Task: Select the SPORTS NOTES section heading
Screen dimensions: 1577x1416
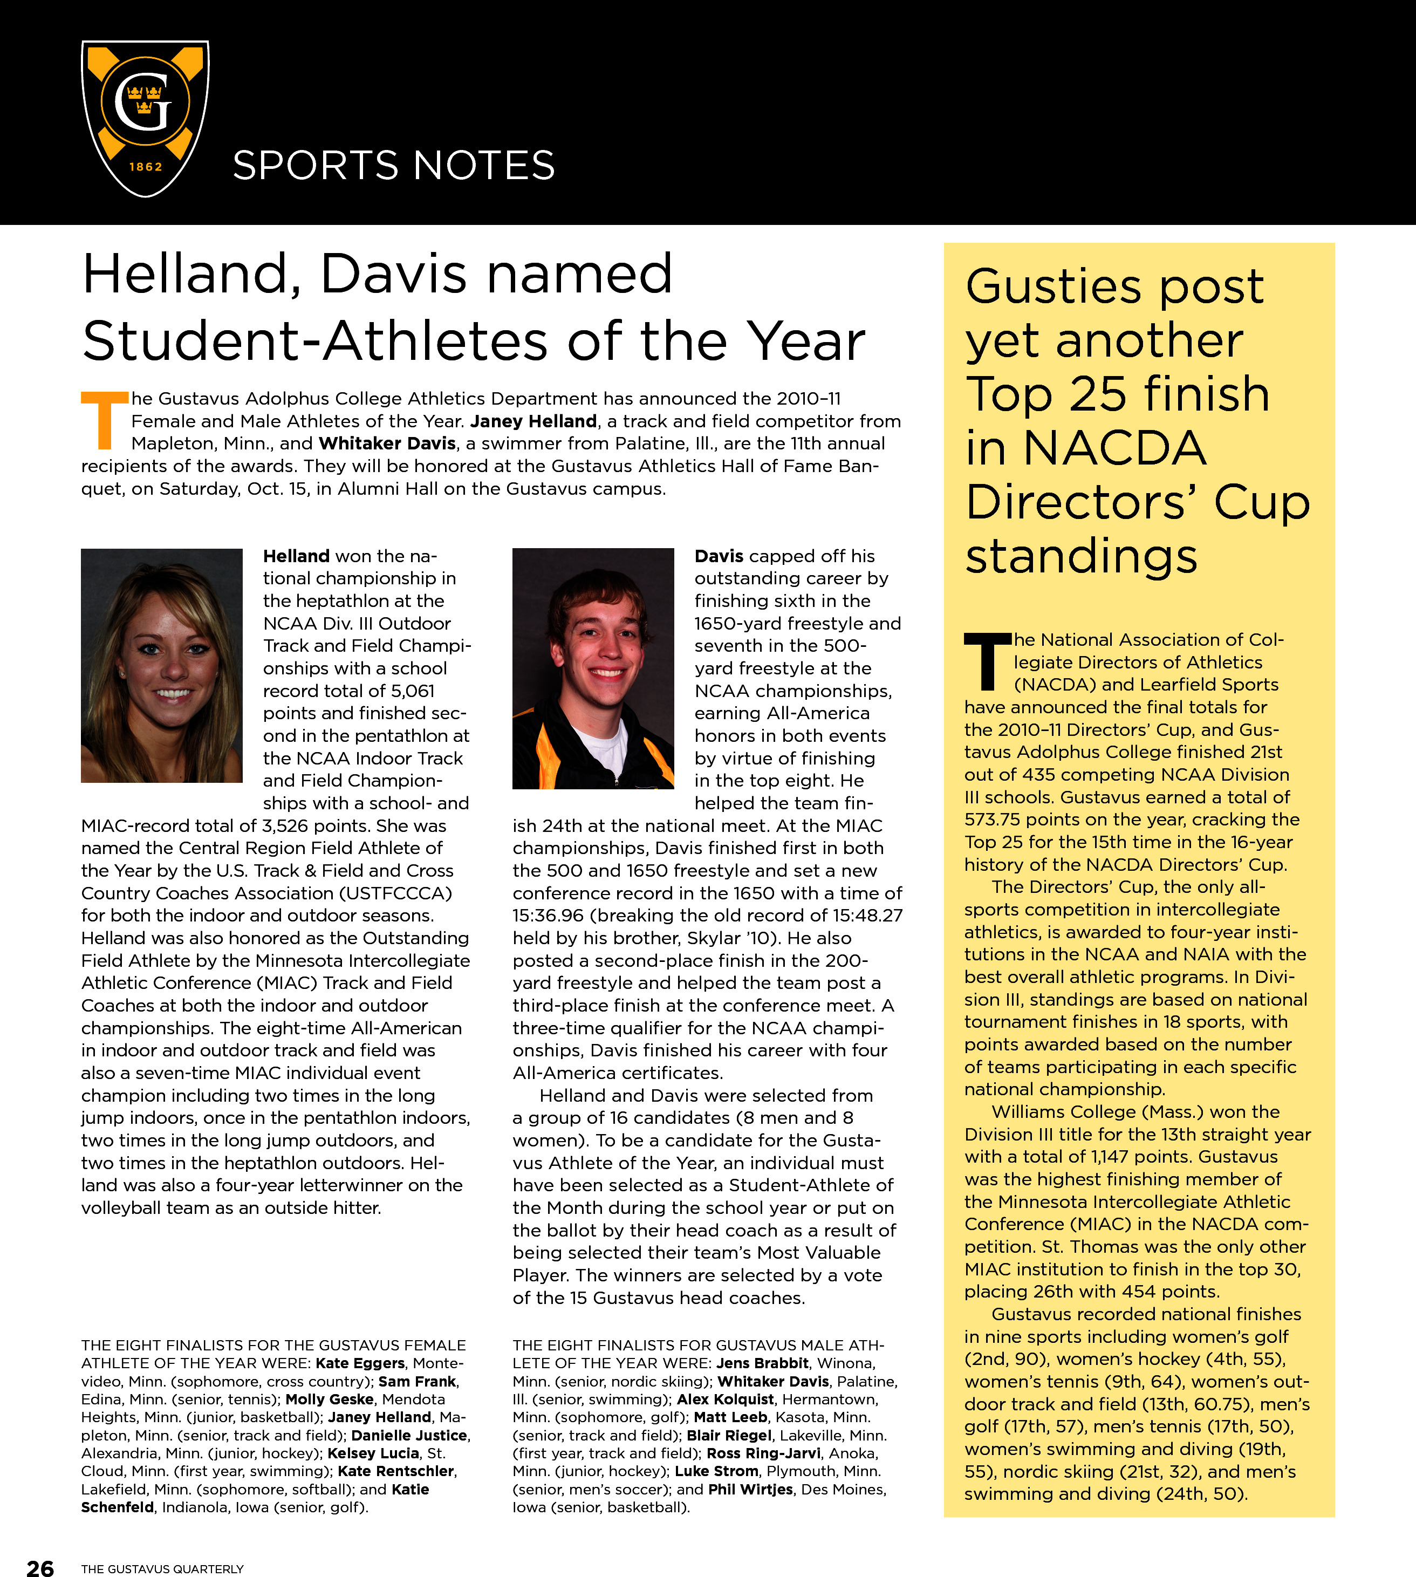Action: pos(394,166)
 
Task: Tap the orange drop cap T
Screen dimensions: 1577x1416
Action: pos(104,421)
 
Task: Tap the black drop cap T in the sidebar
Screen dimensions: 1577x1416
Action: pos(987,662)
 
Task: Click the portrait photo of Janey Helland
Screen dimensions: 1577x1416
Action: pos(162,665)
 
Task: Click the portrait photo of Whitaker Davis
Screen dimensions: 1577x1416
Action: pos(593,668)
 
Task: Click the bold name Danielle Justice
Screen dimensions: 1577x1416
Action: pos(409,1436)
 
